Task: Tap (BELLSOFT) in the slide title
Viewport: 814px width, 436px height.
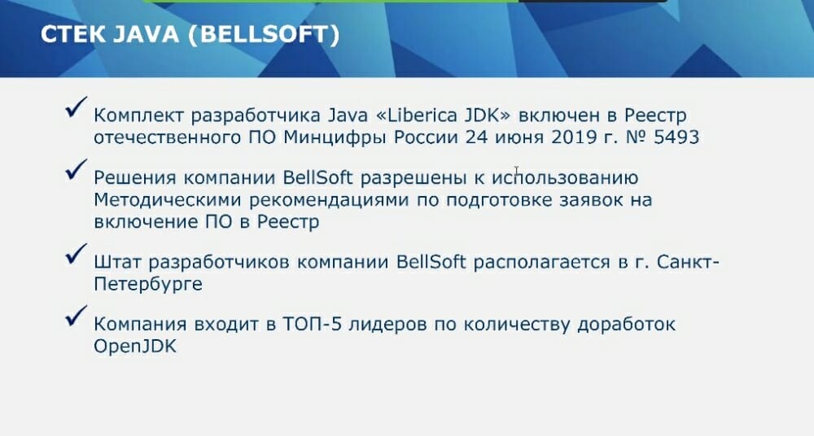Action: pos(264,35)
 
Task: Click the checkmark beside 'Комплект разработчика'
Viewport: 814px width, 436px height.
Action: pos(77,107)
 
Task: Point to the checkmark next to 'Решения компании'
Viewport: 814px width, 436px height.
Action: pos(77,170)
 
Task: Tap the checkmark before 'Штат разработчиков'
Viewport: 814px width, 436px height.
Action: pos(77,254)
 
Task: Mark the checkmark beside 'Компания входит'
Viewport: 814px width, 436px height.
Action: pos(77,316)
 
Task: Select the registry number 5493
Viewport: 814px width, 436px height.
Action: pos(676,137)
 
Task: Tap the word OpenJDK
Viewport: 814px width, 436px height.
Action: pos(135,347)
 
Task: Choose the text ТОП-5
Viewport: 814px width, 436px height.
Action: pos(312,324)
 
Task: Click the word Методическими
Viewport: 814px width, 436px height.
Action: pos(168,200)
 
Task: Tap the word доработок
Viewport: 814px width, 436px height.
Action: pos(627,325)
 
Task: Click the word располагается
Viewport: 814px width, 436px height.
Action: pos(542,262)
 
